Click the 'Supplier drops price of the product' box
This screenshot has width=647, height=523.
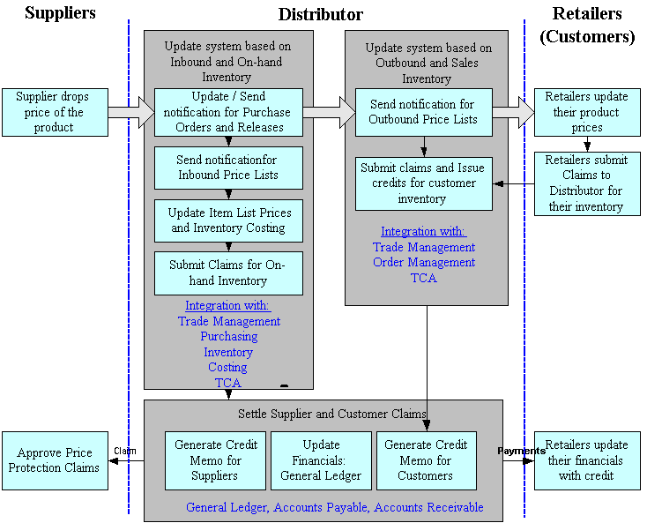57,112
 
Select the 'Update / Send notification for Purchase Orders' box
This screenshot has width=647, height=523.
228,112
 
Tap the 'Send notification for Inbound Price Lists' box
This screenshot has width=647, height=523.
228,168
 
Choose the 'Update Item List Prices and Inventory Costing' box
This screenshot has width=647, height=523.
228,220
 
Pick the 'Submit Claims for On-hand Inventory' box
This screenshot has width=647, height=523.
228,273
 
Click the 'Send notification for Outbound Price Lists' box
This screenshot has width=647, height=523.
423,112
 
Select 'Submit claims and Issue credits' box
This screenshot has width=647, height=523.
423,183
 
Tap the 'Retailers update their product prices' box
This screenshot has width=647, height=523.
587,112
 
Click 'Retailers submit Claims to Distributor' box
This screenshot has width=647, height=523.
587,183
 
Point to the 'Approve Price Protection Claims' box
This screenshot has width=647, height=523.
54,460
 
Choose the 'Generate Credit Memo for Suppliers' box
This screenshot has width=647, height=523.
215,460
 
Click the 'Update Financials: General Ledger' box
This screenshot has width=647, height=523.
321,460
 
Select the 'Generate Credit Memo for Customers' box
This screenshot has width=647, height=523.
426,460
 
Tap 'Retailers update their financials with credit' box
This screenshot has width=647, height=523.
587,460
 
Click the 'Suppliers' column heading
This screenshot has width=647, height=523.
60,13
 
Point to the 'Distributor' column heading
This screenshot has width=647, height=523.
320,14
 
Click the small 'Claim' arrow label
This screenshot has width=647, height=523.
125,451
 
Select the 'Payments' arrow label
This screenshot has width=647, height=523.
521,451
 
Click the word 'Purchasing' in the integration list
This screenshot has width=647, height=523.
228,337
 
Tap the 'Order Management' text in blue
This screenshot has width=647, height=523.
423,262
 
